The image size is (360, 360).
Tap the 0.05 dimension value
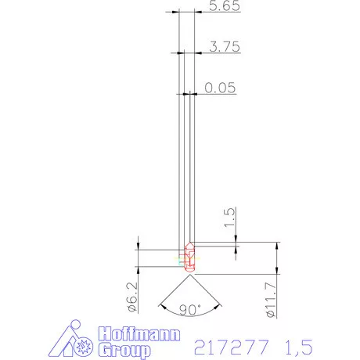point(220,88)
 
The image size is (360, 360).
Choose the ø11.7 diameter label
point(270,301)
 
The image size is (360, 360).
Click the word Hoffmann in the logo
point(141,336)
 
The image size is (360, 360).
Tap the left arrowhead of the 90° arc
point(160,302)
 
